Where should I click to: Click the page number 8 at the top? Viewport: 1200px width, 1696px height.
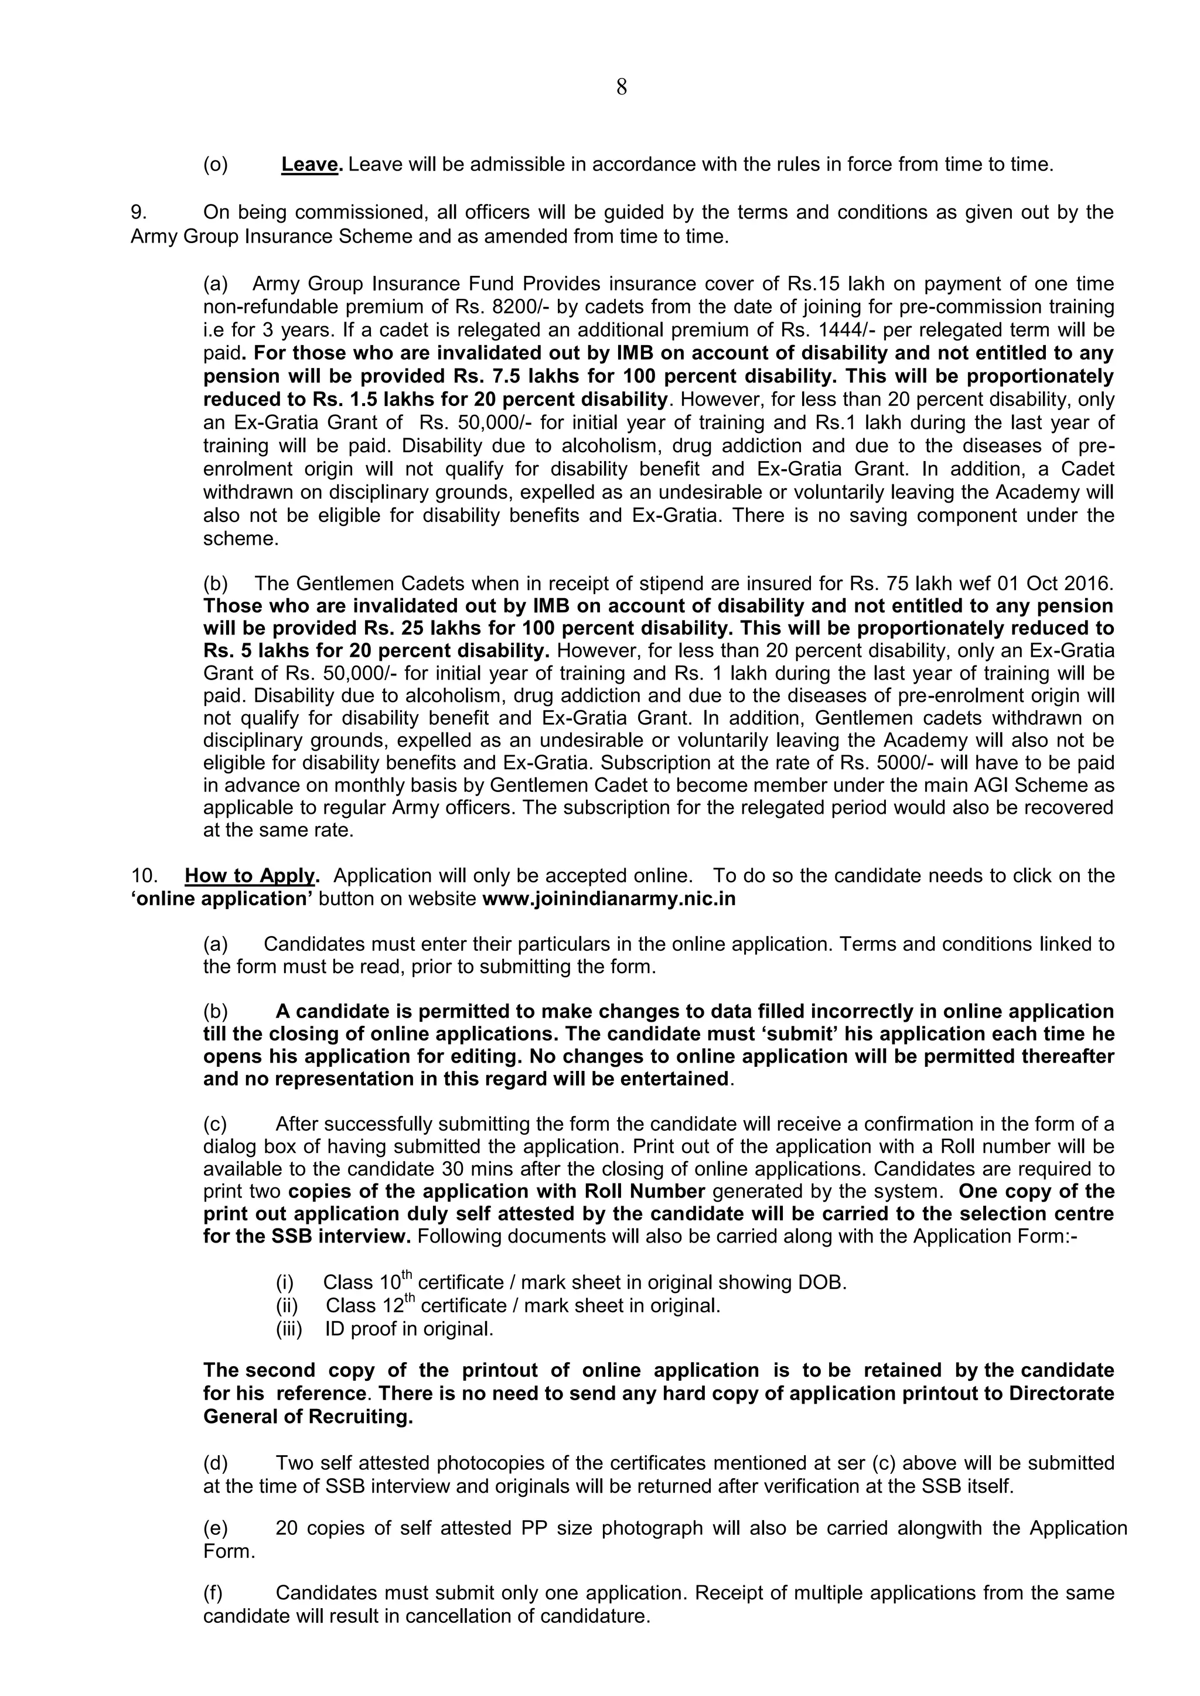click(x=622, y=88)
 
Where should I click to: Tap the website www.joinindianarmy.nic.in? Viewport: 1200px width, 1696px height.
click(x=608, y=900)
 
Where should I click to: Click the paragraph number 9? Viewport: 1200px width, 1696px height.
click(x=138, y=213)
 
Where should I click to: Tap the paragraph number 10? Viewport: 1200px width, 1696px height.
click(x=144, y=876)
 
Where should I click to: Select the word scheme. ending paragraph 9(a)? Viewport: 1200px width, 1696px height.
click(x=241, y=539)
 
